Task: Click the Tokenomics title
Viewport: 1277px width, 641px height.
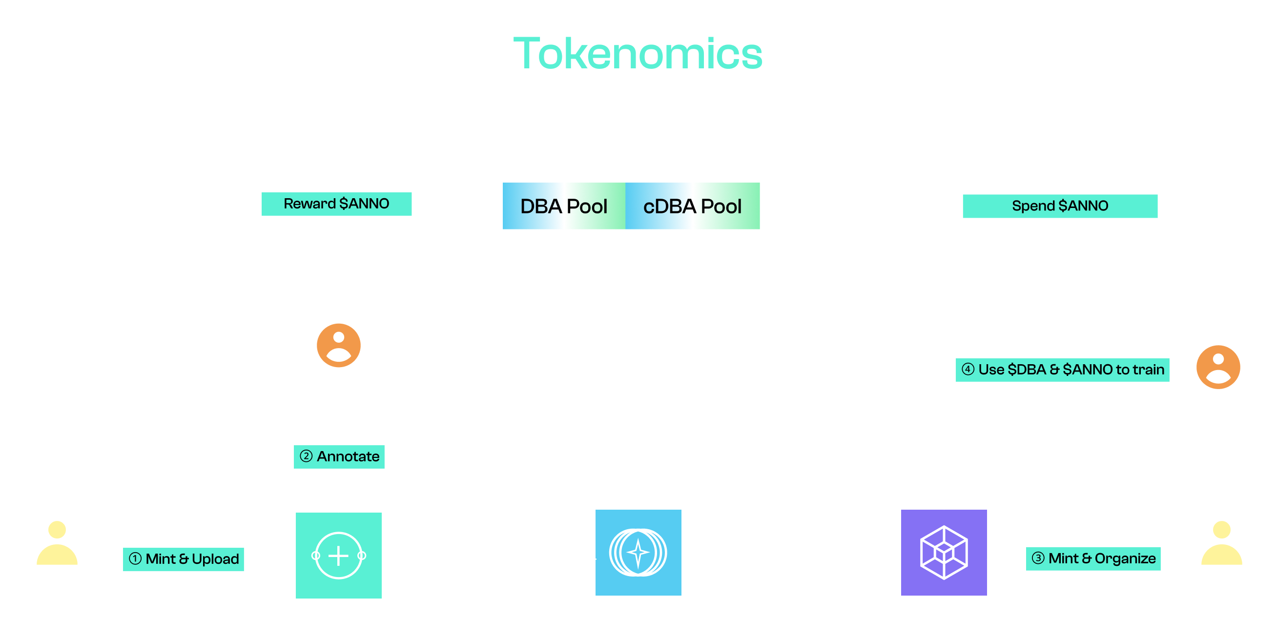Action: [x=638, y=54]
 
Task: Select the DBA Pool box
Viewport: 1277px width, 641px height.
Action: [x=564, y=206]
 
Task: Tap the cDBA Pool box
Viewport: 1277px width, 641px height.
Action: [x=693, y=206]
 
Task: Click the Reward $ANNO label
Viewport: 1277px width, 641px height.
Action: [x=336, y=204]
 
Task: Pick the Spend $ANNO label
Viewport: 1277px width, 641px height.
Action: [x=1060, y=206]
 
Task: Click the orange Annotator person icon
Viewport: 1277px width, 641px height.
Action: [x=339, y=346]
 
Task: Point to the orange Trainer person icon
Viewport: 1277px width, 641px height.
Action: [x=1218, y=367]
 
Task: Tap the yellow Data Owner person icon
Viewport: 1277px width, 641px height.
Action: [x=57, y=543]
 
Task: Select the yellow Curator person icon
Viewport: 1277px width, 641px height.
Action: [x=1221, y=543]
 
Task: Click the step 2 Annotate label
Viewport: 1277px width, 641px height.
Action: [x=339, y=456]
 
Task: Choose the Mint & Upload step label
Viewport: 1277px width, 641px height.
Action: [x=184, y=559]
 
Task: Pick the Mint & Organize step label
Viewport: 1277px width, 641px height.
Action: [x=1093, y=558]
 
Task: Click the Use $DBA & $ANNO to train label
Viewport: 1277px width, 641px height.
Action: [x=1062, y=370]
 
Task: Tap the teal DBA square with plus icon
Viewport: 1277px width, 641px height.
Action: [x=339, y=555]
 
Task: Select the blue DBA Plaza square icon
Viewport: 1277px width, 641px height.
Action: [x=638, y=553]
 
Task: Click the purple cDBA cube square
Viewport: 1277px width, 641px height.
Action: [x=944, y=553]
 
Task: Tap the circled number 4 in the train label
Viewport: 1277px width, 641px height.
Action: [x=968, y=370]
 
